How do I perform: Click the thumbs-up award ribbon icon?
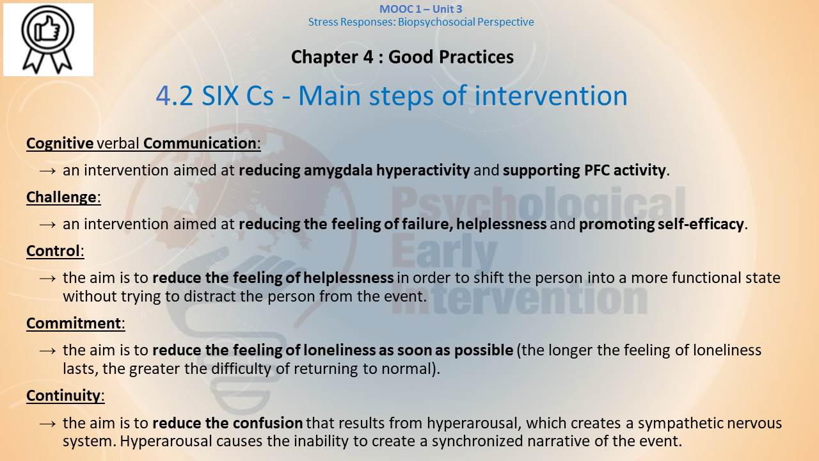pos(48,39)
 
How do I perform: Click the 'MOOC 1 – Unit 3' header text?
pos(421,9)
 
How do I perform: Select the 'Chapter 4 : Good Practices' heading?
pos(402,57)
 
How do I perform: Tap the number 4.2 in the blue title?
pos(175,96)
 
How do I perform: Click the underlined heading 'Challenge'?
pos(61,197)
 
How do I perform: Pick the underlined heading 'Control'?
pos(53,251)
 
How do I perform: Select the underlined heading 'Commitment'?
pos(74,323)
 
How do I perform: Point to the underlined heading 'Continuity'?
pos(63,396)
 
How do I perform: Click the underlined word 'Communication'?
pos(200,143)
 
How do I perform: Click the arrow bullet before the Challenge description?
pos(47,224)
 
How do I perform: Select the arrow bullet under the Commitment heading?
pos(47,350)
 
